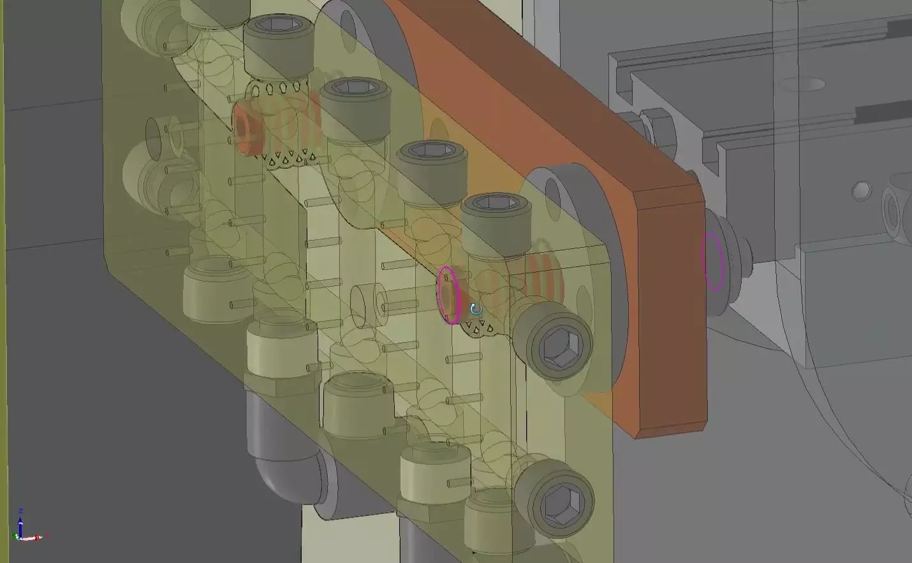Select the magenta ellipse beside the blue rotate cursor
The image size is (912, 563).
coord(449,295)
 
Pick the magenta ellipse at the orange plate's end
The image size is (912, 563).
coord(713,261)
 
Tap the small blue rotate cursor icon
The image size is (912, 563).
coord(474,310)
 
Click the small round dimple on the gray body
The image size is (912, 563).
coord(862,189)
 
